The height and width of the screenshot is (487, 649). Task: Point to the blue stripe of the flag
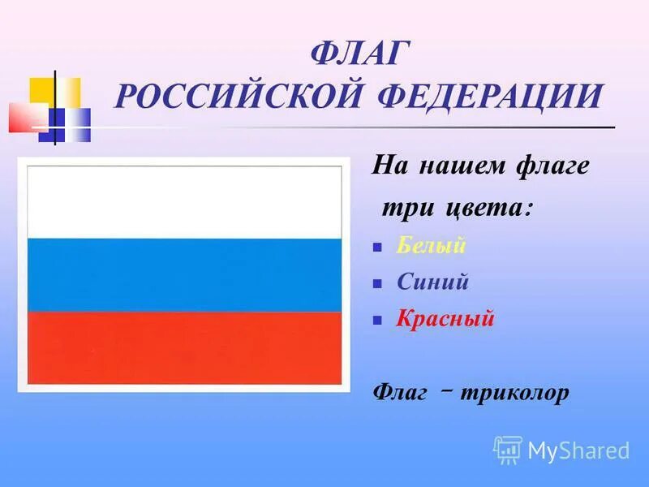[x=185, y=275]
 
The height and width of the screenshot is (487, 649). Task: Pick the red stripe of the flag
[x=185, y=347]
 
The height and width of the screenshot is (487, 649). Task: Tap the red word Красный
[x=445, y=318]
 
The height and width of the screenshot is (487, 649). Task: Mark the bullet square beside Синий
[x=377, y=284]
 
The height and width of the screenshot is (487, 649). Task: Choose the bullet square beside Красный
[x=377, y=321]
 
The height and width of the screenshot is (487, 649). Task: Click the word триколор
[x=514, y=393]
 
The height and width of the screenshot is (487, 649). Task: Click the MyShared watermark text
[x=578, y=450]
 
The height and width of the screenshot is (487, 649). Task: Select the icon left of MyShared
[x=508, y=450]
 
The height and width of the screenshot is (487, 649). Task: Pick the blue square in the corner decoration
[x=71, y=122]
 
